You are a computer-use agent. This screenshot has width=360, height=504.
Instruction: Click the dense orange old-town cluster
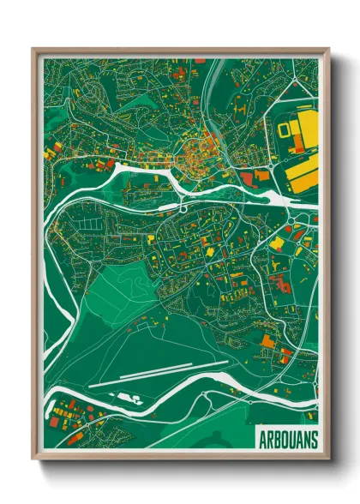point(194,154)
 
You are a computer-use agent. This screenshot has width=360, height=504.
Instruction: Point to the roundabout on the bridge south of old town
point(182,207)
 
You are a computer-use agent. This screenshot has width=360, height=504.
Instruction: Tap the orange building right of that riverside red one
point(261,175)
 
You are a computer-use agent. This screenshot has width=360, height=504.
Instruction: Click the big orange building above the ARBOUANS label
point(267,341)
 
